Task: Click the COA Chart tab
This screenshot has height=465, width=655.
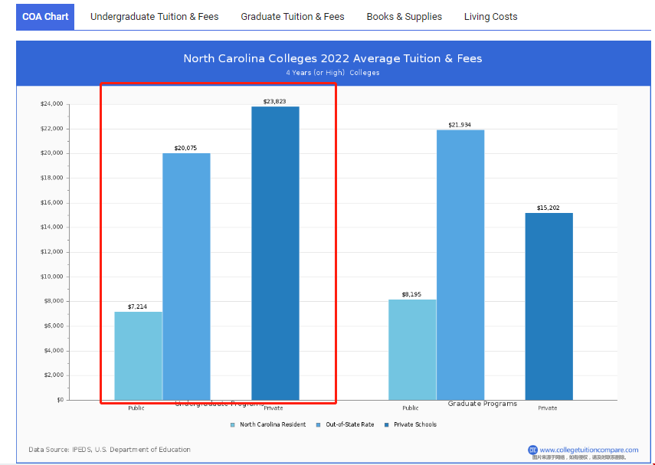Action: pyautogui.click(x=45, y=16)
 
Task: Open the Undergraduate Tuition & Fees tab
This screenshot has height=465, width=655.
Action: pyautogui.click(x=154, y=16)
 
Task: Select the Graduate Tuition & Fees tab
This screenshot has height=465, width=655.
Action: pyautogui.click(x=293, y=16)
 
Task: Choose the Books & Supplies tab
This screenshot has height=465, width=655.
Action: pyautogui.click(x=404, y=16)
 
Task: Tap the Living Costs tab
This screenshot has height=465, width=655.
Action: pyautogui.click(x=490, y=16)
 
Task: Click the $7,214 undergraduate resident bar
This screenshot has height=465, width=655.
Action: pyautogui.click(x=138, y=355)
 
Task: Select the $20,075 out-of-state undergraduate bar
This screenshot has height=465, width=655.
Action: pyautogui.click(x=186, y=276)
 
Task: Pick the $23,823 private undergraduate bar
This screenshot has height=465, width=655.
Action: pyautogui.click(x=275, y=253)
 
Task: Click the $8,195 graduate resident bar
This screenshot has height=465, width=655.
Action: pyautogui.click(x=412, y=349)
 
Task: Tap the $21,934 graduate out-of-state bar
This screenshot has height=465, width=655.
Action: pyautogui.click(x=460, y=264)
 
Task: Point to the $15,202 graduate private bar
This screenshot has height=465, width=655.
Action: pyautogui.click(x=549, y=306)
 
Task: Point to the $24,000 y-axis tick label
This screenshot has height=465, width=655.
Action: pyautogui.click(x=52, y=104)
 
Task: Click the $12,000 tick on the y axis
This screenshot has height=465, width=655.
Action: pyautogui.click(x=52, y=252)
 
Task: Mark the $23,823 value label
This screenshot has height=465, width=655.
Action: pyautogui.click(x=275, y=101)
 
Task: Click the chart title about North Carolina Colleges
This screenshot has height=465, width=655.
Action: pyautogui.click(x=332, y=58)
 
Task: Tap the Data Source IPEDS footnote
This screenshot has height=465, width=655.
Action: pyautogui.click(x=110, y=450)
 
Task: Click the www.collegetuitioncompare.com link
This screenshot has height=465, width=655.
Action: pyautogui.click(x=588, y=450)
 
